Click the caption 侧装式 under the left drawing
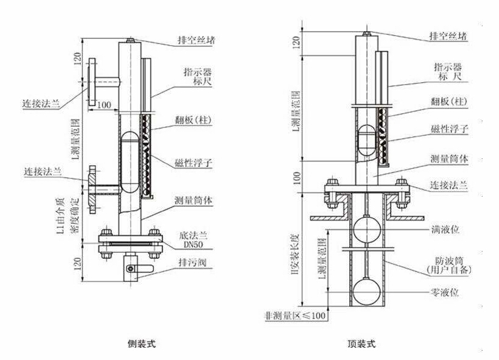click(x=144, y=344)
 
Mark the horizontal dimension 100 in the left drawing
click(x=103, y=105)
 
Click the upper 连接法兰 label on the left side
click(x=41, y=102)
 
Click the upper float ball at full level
click(x=365, y=231)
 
